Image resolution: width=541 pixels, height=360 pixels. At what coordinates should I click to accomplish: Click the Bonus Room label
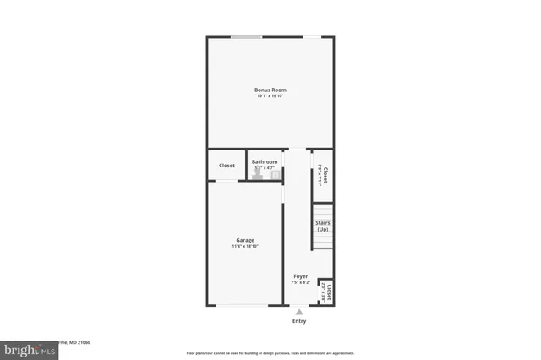pos(270,90)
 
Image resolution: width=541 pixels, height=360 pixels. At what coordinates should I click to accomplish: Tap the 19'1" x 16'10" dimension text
pos(270,96)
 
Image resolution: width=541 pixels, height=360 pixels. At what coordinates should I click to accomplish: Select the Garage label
pos(245,240)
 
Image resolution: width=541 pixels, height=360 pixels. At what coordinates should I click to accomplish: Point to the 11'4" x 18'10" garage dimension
pos(245,247)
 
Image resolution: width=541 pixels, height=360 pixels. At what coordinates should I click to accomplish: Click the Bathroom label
pos(265,161)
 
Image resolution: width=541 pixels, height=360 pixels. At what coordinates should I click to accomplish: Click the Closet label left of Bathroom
pos(227,166)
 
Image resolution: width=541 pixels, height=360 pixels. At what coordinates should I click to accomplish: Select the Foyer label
pos(300,276)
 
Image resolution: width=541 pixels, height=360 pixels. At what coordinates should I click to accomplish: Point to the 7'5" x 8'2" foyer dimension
pos(300,282)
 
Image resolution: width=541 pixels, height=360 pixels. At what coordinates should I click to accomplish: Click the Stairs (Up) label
pos(322,226)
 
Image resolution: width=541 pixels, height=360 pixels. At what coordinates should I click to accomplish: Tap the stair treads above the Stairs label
pos(322,210)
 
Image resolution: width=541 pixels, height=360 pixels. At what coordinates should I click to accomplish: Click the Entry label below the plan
pos(299,321)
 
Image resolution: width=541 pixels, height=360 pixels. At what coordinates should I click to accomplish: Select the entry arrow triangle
pos(299,312)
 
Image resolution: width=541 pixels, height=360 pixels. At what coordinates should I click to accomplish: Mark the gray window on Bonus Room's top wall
pos(246,36)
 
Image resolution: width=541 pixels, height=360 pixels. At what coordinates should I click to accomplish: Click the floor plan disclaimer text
pos(270,353)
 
